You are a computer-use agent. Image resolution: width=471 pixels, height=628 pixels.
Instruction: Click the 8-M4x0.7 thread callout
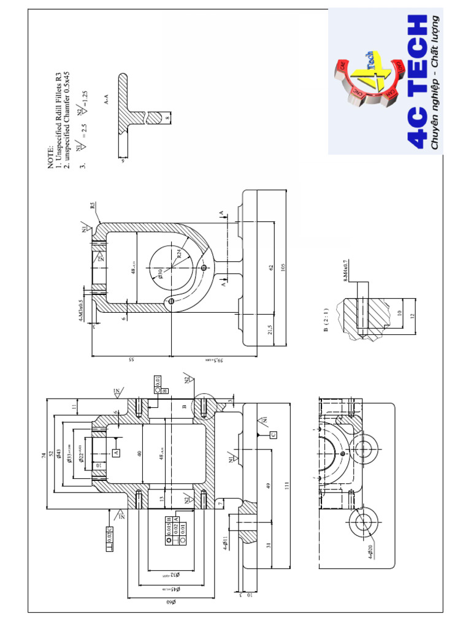click(346, 270)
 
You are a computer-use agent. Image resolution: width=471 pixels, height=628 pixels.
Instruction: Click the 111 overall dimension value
click(286, 484)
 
